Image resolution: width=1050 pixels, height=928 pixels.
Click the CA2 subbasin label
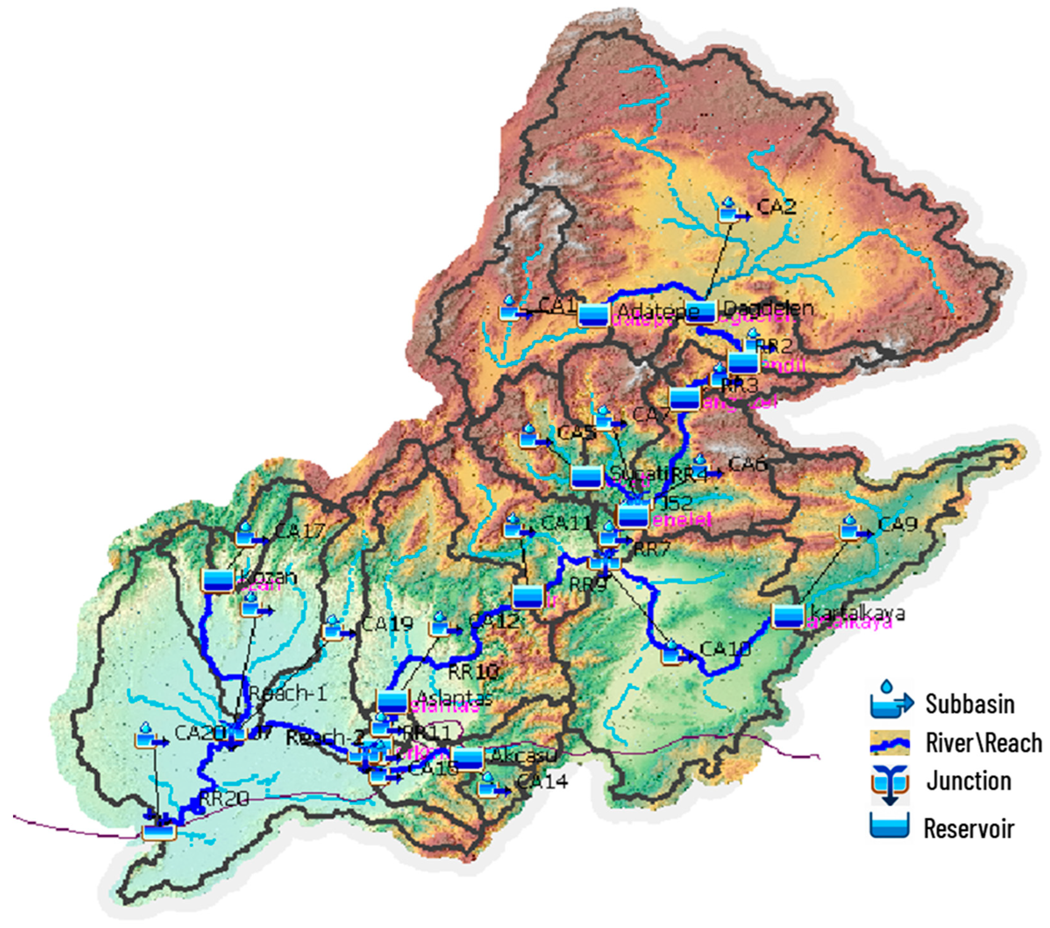click(777, 207)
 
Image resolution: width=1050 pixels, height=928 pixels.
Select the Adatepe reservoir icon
click(593, 314)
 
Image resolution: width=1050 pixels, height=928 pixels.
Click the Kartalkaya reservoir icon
click(787, 616)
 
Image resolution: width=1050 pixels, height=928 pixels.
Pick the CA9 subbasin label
click(897, 525)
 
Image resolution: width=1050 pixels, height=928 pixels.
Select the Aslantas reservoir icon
click(392, 701)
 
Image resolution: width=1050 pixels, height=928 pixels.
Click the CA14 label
click(543, 782)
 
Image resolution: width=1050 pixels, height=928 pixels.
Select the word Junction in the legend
click(969, 781)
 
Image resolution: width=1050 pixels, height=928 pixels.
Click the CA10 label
click(725, 649)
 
